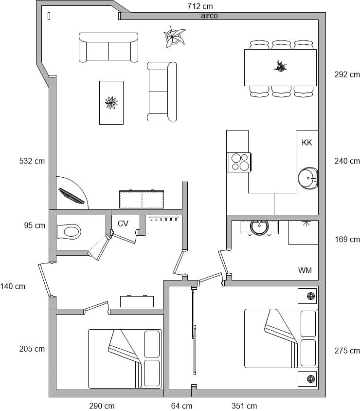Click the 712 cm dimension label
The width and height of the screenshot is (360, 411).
click(200, 6)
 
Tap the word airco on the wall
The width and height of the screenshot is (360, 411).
click(209, 16)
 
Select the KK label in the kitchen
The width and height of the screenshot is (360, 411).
click(307, 142)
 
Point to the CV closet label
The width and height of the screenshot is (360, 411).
click(123, 224)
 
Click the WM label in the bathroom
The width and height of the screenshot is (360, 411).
click(305, 270)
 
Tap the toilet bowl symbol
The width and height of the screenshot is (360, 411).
click(69, 231)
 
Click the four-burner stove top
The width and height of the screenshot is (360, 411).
click(239, 162)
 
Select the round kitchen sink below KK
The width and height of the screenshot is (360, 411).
click(307, 178)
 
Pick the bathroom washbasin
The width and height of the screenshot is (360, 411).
click(259, 227)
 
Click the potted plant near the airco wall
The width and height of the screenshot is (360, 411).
click(174, 37)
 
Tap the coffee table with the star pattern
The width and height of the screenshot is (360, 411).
click(111, 102)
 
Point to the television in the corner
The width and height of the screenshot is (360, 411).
click(72, 196)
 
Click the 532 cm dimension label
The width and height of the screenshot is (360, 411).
click(32, 161)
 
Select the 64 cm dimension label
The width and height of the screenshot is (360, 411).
click(181, 406)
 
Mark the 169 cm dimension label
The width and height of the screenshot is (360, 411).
click(347, 239)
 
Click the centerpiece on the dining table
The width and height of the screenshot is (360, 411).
click(280, 66)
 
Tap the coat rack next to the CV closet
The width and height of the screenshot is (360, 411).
click(164, 218)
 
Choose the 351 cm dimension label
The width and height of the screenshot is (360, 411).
click(244, 406)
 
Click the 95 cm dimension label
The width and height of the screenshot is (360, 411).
click(35, 225)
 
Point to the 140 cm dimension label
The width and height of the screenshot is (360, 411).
click(13, 286)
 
